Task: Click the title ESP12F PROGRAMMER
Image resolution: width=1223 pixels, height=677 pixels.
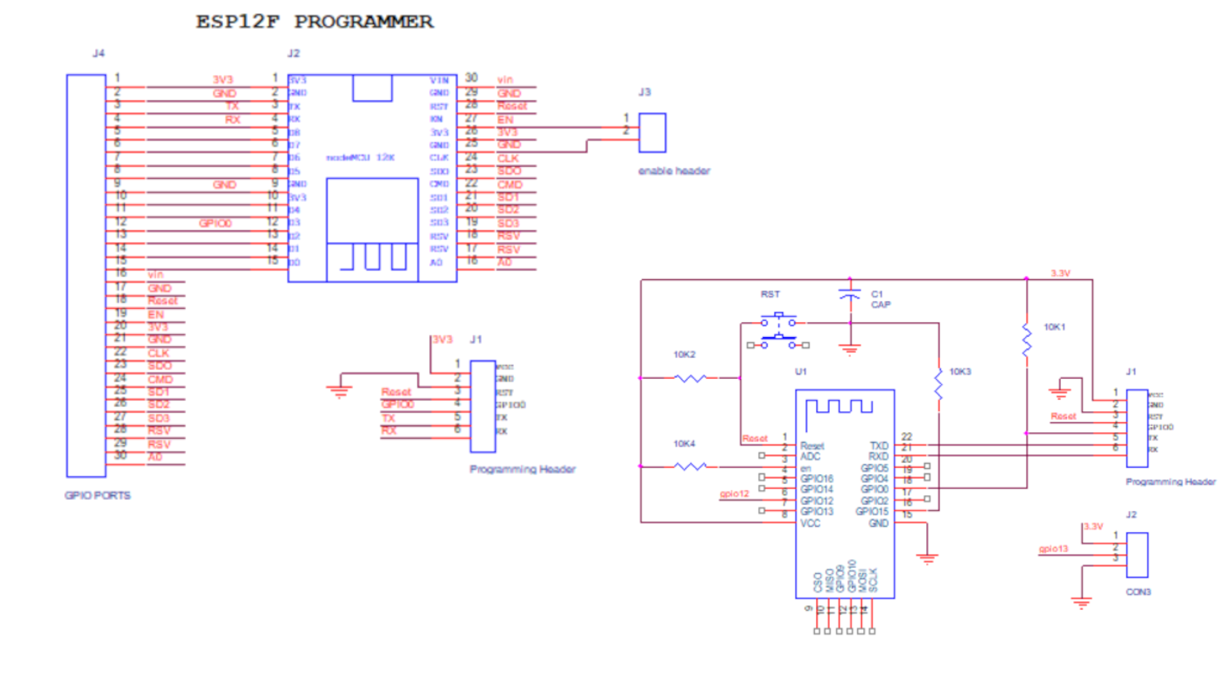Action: tap(314, 22)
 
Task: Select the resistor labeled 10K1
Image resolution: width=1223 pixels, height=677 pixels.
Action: tap(1027, 340)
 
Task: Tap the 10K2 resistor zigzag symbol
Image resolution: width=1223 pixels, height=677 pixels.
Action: tap(690, 378)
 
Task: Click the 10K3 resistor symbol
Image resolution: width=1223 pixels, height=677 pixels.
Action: tap(939, 384)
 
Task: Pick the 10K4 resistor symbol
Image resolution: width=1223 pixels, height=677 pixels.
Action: tap(690, 467)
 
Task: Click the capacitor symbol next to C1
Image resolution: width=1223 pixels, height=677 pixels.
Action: tap(850, 295)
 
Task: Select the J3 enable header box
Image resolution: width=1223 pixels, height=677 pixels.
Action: tap(652, 133)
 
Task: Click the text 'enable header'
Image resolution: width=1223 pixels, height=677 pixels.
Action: tap(674, 171)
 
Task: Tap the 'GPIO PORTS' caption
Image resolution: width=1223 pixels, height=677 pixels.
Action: tap(97, 495)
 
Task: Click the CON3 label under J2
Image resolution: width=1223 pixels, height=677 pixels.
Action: tap(1138, 592)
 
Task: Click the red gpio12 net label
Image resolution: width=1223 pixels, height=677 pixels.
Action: tap(734, 493)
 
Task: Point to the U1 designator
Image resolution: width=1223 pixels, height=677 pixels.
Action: tap(801, 371)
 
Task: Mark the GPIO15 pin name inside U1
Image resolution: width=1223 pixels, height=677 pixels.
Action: tap(872, 511)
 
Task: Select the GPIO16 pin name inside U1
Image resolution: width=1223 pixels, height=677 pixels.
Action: tap(817, 479)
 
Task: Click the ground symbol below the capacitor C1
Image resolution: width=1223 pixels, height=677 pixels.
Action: tap(850, 350)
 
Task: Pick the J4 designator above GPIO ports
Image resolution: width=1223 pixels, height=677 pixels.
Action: tap(98, 53)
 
